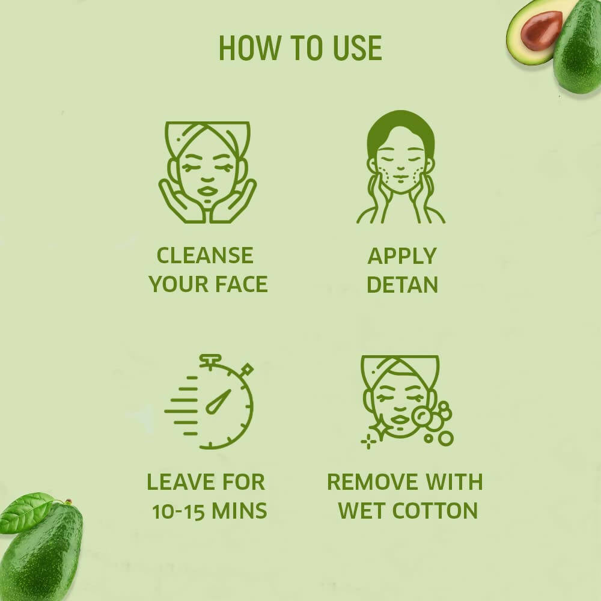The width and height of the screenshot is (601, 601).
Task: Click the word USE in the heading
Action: coord(358,48)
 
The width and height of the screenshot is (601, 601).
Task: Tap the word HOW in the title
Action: coord(249,48)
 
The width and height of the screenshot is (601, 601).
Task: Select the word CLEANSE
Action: coord(205,255)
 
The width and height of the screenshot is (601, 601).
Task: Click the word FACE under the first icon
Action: coord(241,284)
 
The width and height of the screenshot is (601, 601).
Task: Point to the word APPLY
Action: coord(402,256)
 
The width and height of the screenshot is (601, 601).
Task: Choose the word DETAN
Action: coord(402,284)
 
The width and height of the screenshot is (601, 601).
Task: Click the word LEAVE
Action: coord(180,482)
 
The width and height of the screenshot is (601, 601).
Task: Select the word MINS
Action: coord(239,510)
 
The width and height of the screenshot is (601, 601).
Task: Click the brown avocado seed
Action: coord(542,31)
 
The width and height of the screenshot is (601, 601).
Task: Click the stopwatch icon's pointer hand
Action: coord(218,402)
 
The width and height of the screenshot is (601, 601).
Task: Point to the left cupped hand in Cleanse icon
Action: coord(179,201)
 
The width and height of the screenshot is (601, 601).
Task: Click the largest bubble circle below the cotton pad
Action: coord(446,438)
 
